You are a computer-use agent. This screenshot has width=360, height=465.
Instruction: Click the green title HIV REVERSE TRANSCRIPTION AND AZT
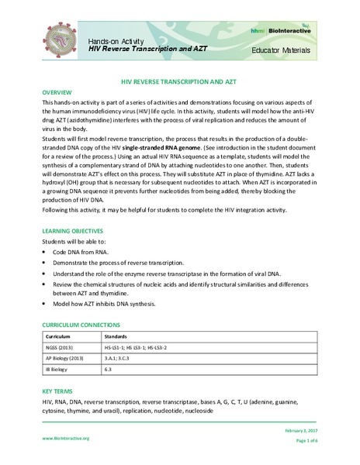point(180,81)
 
